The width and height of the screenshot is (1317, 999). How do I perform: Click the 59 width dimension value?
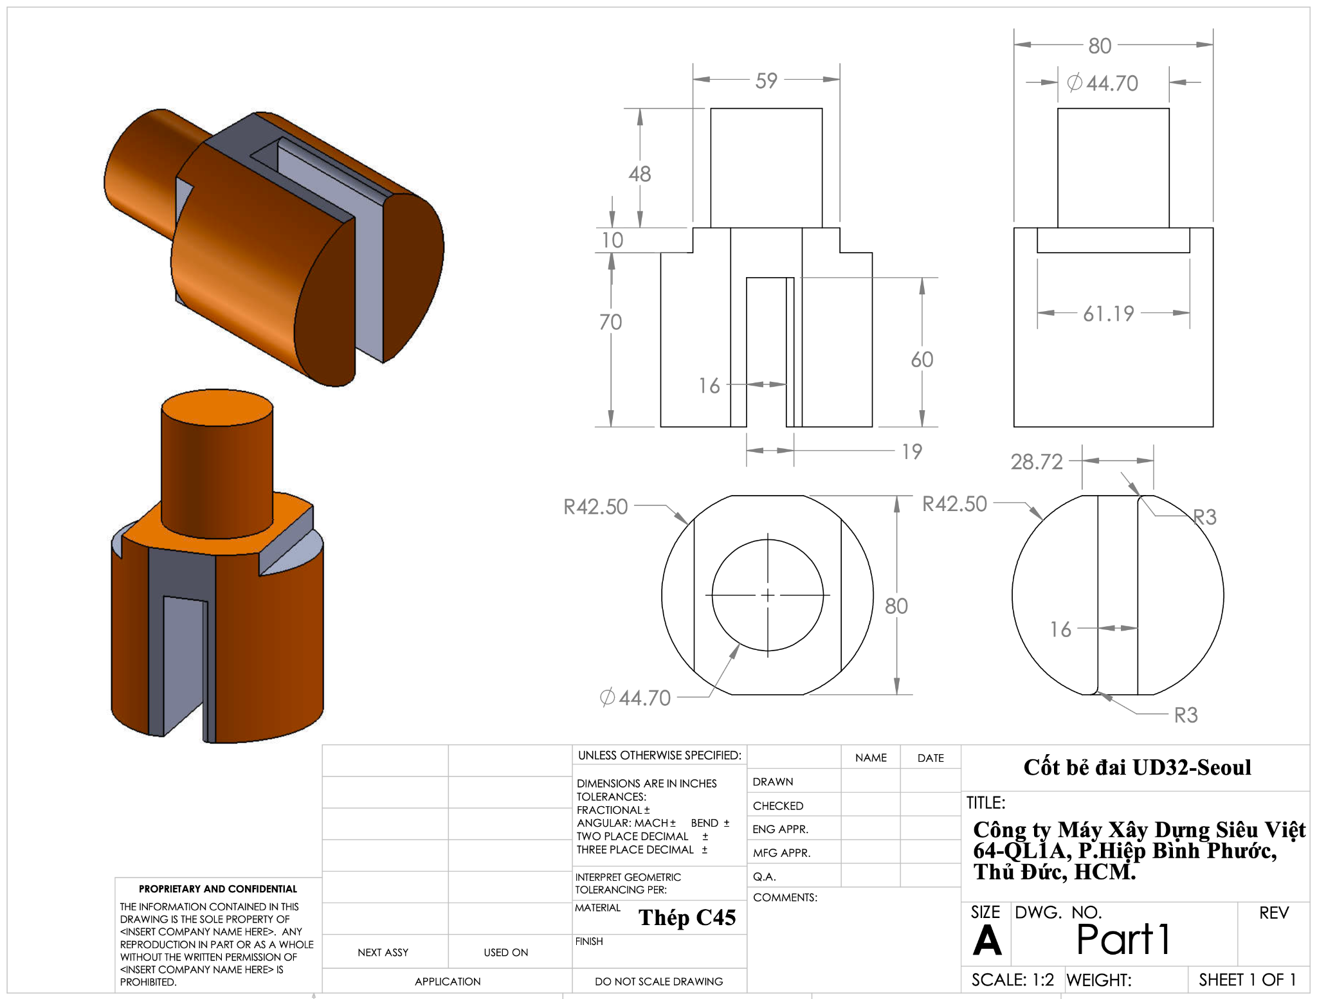pyautogui.click(x=766, y=80)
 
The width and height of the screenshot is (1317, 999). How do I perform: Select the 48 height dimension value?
pyautogui.click(x=640, y=174)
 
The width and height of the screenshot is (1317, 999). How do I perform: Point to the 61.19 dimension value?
pyautogui.click(x=1109, y=314)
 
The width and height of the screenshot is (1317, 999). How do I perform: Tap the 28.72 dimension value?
pyautogui.click(x=1037, y=462)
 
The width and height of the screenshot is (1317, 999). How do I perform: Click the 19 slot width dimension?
pyautogui.click(x=912, y=451)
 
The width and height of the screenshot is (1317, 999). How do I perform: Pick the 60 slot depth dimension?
pyautogui.click(x=922, y=359)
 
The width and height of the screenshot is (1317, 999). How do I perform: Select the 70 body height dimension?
pyautogui.click(x=610, y=321)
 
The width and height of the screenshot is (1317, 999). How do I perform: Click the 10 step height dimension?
pyautogui.click(x=612, y=240)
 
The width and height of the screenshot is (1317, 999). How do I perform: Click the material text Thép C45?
pyautogui.click(x=687, y=917)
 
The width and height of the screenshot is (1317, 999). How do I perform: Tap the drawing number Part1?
pyautogui.click(x=1123, y=939)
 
